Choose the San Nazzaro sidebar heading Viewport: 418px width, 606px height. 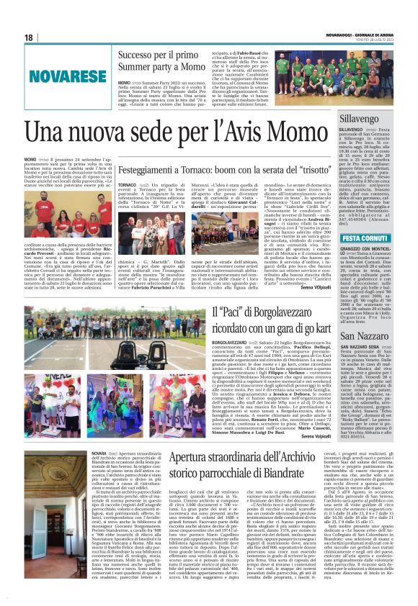365,336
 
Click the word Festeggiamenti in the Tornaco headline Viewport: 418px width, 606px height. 147,166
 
